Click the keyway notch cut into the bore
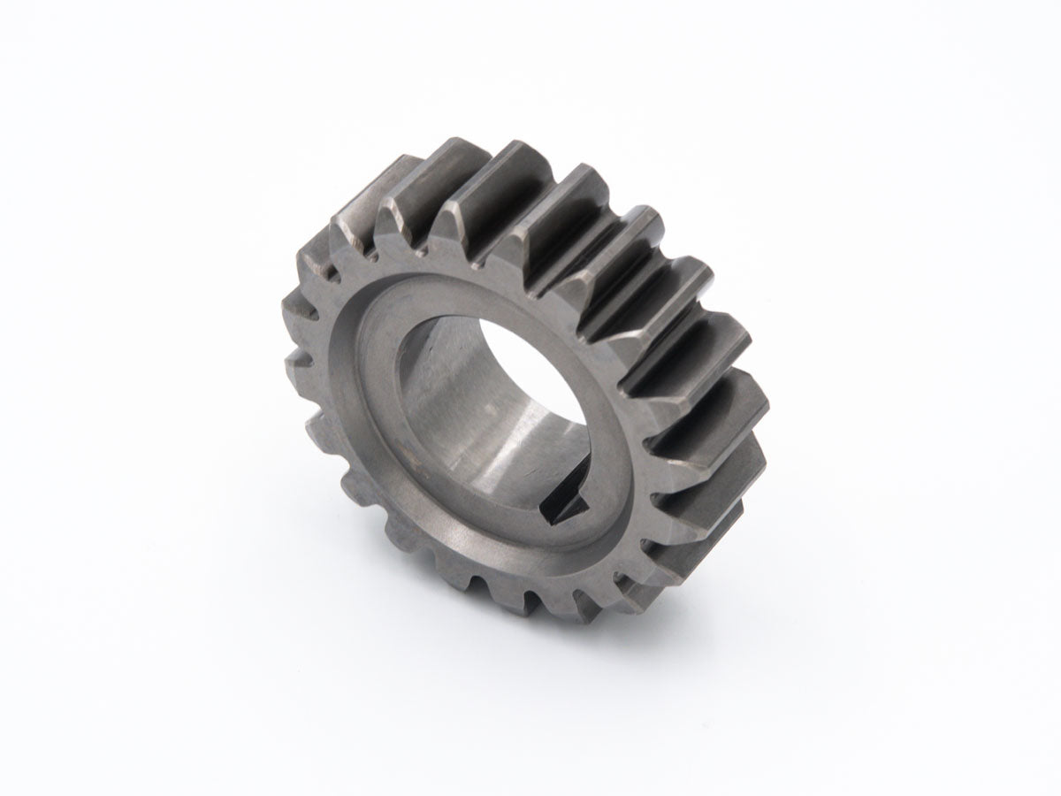point(567,507)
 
